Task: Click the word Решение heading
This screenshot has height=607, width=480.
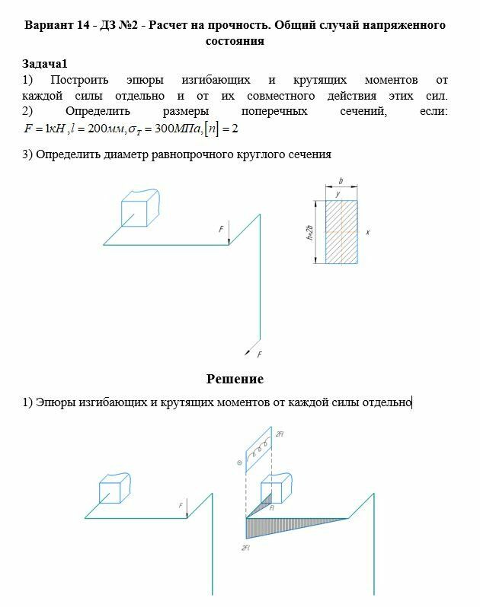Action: click(x=235, y=379)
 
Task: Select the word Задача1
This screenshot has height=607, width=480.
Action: click(x=45, y=64)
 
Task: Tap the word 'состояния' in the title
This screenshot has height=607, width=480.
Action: click(x=235, y=41)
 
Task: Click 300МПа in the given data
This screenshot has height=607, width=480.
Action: click(x=177, y=129)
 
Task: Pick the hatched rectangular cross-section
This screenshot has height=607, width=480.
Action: click(x=341, y=231)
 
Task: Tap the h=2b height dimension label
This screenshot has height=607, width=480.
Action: click(x=310, y=231)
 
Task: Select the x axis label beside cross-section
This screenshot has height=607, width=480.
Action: click(x=367, y=232)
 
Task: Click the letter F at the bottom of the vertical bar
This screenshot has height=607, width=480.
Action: click(x=259, y=354)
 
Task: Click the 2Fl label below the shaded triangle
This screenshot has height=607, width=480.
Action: click(x=246, y=548)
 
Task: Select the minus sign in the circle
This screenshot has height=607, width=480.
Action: click(x=239, y=462)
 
